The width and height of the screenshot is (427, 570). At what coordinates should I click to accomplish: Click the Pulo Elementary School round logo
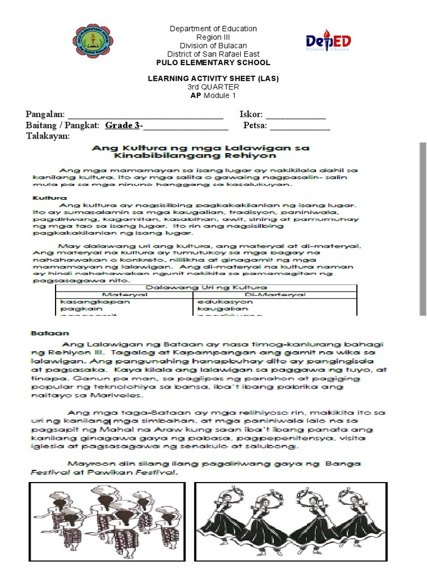point(93,44)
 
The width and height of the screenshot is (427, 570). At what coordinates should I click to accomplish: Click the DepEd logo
point(327,41)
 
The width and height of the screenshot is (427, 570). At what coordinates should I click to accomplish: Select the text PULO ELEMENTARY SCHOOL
point(213,63)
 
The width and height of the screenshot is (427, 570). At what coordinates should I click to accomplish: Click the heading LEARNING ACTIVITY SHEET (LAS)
point(213,78)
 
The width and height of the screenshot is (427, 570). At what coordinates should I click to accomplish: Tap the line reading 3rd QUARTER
point(213,87)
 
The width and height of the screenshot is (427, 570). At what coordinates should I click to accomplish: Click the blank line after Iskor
point(296,116)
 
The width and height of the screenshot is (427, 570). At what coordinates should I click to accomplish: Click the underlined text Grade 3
point(122,125)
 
